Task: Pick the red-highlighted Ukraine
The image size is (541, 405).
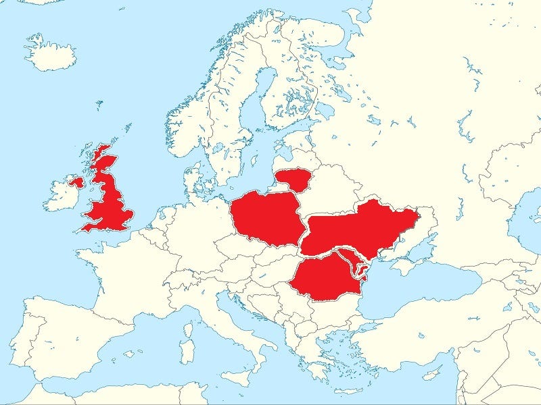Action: tap(358, 230)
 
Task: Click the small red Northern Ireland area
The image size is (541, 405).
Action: tap(76, 182)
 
